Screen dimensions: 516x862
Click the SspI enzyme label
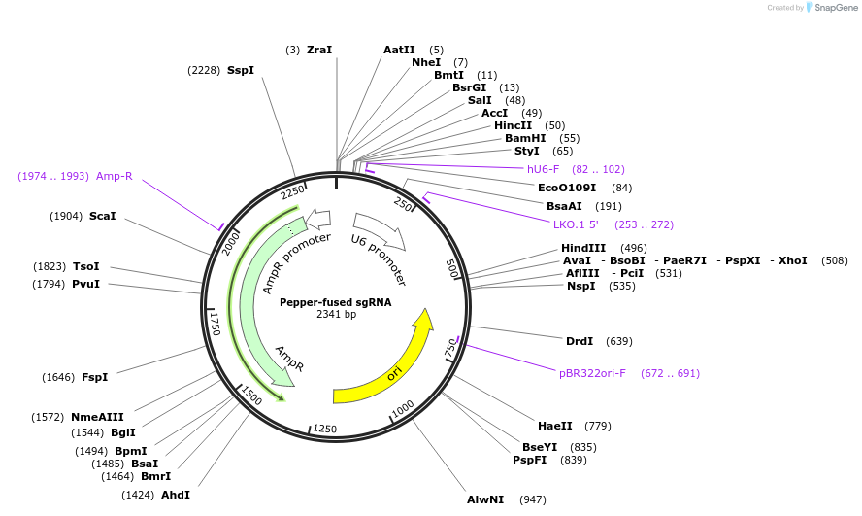point(240,70)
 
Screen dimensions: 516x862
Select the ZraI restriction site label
point(319,50)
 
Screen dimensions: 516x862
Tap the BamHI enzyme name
point(525,138)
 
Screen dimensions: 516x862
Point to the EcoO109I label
point(567,188)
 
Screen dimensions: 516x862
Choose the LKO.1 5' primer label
point(576,224)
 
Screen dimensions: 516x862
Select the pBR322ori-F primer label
point(592,373)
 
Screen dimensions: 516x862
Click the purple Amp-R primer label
point(114,176)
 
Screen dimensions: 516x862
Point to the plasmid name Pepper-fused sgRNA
point(336,302)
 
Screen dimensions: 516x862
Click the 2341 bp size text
point(336,315)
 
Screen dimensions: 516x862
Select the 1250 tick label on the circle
point(324,429)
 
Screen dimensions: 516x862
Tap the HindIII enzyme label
point(583,248)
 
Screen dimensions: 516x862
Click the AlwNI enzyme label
point(485,499)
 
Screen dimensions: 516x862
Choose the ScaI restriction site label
point(102,216)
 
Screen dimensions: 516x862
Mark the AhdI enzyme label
point(176,495)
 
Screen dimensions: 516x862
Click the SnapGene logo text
point(834,8)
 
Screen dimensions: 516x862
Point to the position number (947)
point(533,499)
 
